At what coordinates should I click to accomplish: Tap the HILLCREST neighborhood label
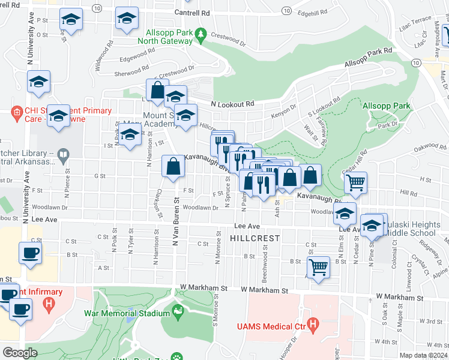click(x=255, y=238)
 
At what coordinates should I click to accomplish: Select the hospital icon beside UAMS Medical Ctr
click(x=312, y=325)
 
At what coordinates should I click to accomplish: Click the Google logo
click(x=20, y=352)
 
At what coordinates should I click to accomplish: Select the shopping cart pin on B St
click(x=318, y=266)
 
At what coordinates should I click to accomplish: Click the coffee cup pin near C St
click(x=30, y=252)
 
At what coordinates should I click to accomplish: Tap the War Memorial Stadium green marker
click(x=177, y=311)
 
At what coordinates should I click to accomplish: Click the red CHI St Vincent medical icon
click(x=17, y=111)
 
